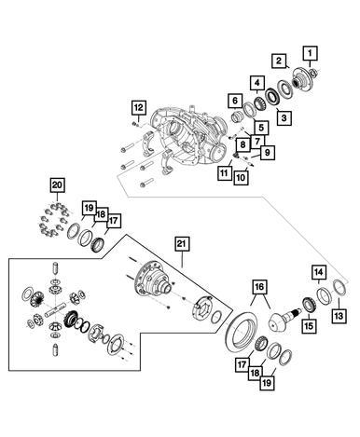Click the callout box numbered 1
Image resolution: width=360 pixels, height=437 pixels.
tap(310, 53)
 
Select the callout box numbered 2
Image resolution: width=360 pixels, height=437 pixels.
tap(279, 61)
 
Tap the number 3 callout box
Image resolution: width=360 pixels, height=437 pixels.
tap(284, 117)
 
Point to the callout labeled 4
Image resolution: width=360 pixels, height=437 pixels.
tap(257, 83)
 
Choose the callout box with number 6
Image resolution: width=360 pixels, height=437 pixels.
tap(235, 101)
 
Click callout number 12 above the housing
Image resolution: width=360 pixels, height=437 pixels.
tap(139, 108)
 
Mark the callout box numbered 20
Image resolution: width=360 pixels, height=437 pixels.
tap(57, 185)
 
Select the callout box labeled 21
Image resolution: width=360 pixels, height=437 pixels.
tap(182, 244)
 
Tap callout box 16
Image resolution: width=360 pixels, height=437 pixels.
tap(260, 287)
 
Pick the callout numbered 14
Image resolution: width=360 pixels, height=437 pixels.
tap(319, 272)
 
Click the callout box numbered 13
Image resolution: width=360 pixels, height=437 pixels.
tap(339, 316)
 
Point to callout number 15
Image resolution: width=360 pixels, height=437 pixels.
tap(310, 326)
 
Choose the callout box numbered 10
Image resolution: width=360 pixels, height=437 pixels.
tap(241, 178)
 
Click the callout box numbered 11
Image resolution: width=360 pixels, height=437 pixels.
tap(224, 172)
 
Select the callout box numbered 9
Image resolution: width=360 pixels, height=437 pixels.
tap(268, 153)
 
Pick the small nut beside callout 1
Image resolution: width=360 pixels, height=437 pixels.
tap(314, 73)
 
